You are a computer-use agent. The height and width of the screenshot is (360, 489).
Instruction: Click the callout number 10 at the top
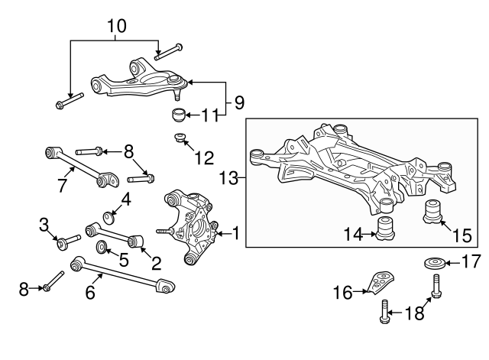pyautogui.click(x=117, y=26)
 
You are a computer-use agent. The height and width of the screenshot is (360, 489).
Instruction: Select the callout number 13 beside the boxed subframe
pyautogui.click(x=229, y=178)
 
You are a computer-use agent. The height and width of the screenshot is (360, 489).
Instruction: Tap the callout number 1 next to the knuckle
pyautogui.click(x=236, y=233)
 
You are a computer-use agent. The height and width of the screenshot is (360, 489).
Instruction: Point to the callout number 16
pyautogui.click(x=343, y=293)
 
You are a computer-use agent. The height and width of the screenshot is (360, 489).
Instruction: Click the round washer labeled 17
pyautogui.click(x=435, y=263)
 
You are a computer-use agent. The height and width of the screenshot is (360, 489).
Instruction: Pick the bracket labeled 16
pyautogui.click(x=381, y=283)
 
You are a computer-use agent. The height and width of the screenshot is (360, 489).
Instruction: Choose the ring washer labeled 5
pyautogui.click(x=102, y=247)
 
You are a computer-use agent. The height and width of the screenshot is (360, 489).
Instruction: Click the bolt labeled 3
pyautogui.click(x=69, y=242)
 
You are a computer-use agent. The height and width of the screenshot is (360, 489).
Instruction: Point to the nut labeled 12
pyautogui.click(x=180, y=137)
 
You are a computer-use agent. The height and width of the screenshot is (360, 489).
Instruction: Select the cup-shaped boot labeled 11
pyautogui.click(x=179, y=115)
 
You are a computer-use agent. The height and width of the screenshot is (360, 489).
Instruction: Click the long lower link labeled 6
pyautogui.click(x=122, y=274)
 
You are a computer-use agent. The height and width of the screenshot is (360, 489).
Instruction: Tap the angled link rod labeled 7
pyautogui.click(x=83, y=167)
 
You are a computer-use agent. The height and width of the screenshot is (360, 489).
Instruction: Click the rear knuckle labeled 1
pyautogui.click(x=190, y=227)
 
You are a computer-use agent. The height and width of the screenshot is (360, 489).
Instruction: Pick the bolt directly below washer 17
pyautogui.click(x=436, y=286)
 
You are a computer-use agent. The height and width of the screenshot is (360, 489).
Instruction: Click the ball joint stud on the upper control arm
pyautogui.click(x=177, y=95)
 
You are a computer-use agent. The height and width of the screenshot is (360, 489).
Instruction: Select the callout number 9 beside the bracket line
pyautogui.click(x=239, y=102)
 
